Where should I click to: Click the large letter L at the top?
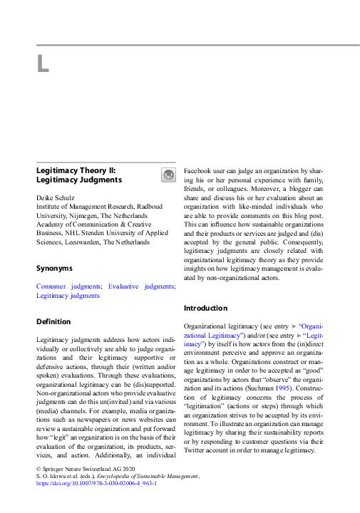point(43,65)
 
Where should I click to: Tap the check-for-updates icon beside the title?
point(168,175)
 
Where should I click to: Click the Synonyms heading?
point(54,269)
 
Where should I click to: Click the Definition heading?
point(53,321)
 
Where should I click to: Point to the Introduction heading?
point(205,308)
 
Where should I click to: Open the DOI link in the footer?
point(96,482)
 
